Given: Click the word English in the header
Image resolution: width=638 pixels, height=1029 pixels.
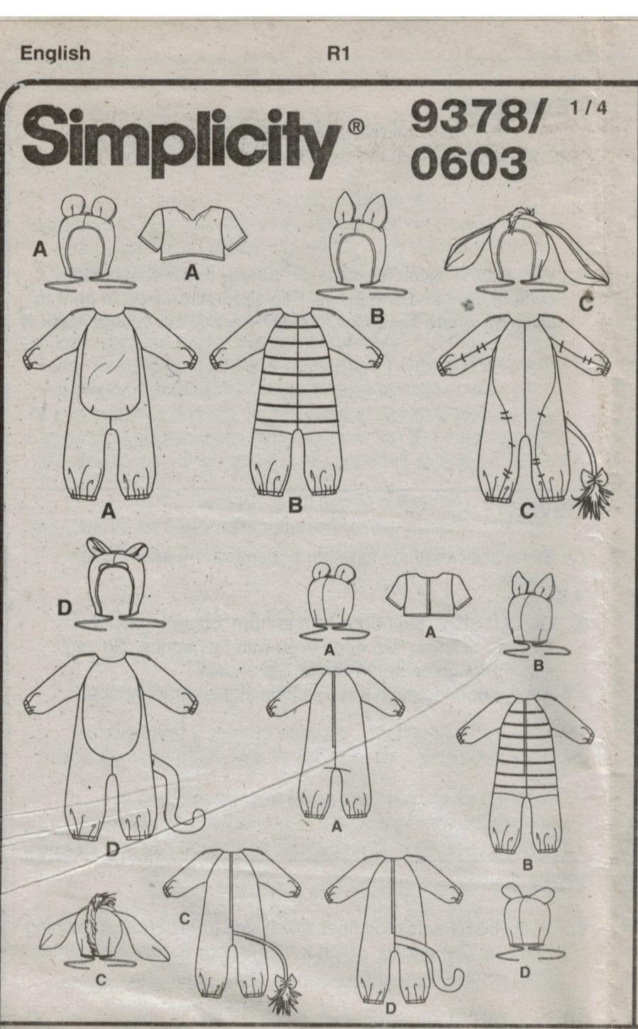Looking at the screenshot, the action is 55,53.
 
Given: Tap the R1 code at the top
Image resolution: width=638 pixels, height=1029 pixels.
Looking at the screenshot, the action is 338,54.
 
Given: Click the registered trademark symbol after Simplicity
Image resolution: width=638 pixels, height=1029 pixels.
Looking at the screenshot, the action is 356,126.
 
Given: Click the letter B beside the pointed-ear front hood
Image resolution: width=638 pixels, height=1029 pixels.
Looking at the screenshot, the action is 377,317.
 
